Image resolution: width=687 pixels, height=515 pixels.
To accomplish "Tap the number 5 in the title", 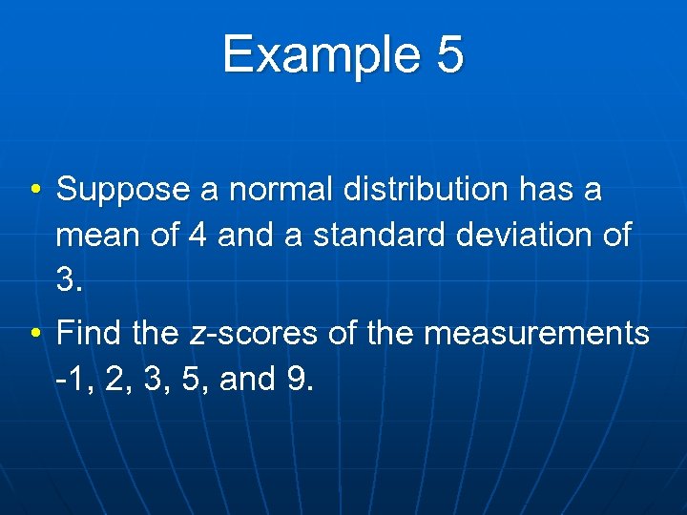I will pos(449,54).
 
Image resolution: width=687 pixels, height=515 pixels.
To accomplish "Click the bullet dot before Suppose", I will pos(33,190).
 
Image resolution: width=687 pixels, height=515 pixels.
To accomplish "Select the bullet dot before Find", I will pos(33,335).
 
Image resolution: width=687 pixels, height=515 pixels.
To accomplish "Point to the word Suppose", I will pos(123,190).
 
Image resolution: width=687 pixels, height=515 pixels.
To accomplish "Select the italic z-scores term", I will pos(253,335).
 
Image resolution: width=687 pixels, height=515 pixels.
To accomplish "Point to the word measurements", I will pos(536,335).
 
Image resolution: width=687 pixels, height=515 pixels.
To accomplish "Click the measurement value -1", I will pos(73,380).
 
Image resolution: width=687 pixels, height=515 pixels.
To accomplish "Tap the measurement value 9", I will pos(296,380).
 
